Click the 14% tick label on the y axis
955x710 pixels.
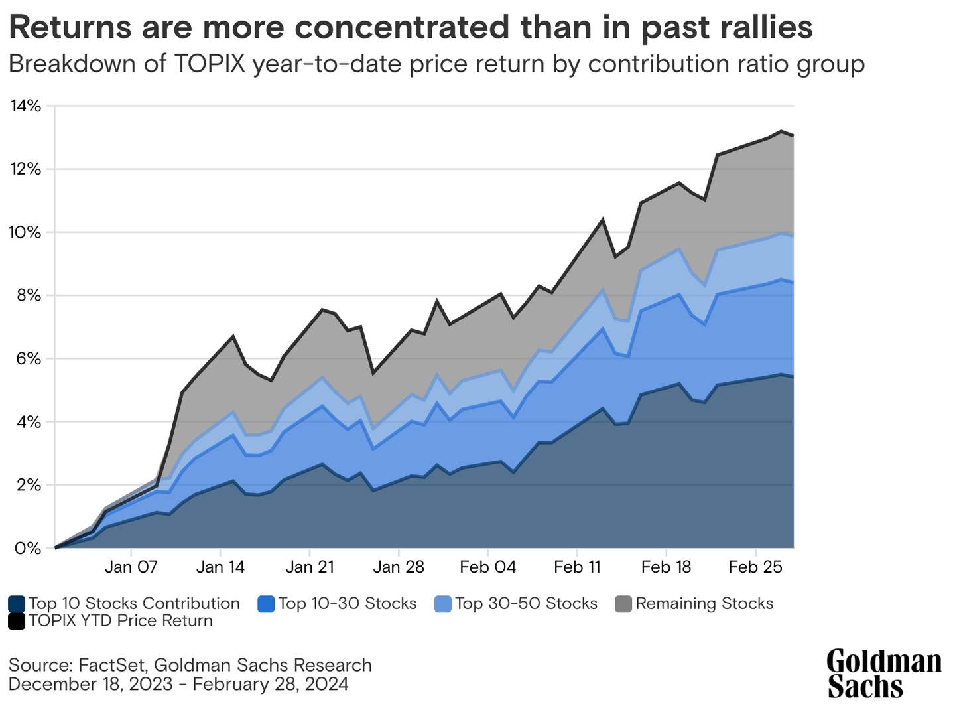click(25, 106)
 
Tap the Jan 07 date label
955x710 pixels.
click(131, 567)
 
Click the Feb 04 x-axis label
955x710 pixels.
click(488, 567)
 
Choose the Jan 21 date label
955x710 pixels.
click(310, 567)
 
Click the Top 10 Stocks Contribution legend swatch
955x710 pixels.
click(17, 604)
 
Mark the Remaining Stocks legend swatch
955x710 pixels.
click(623, 604)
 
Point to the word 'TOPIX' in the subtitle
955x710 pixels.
click(209, 64)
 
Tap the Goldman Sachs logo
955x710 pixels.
click(883, 674)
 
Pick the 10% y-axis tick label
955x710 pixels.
click(25, 233)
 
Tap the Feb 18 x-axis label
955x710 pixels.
click(667, 567)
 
